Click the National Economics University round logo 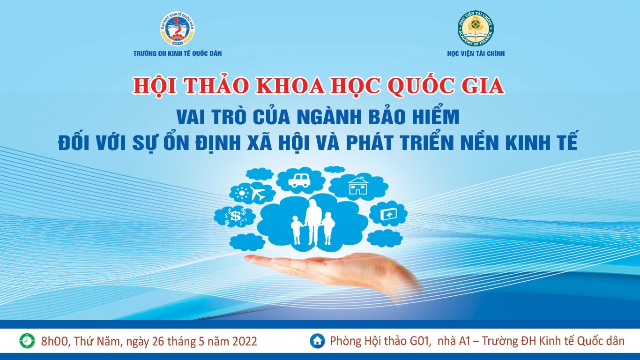coord(178,29)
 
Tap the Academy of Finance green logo coord(476,29)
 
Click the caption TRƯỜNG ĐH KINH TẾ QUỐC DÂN coord(178,53)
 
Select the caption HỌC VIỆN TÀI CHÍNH coord(476,53)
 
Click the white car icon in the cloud coord(299,180)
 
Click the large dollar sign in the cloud coord(236,216)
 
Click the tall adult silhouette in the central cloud coord(313,222)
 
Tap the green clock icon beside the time coord(27,341)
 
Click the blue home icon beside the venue coord(318,341)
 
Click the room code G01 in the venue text coord(420,341)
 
